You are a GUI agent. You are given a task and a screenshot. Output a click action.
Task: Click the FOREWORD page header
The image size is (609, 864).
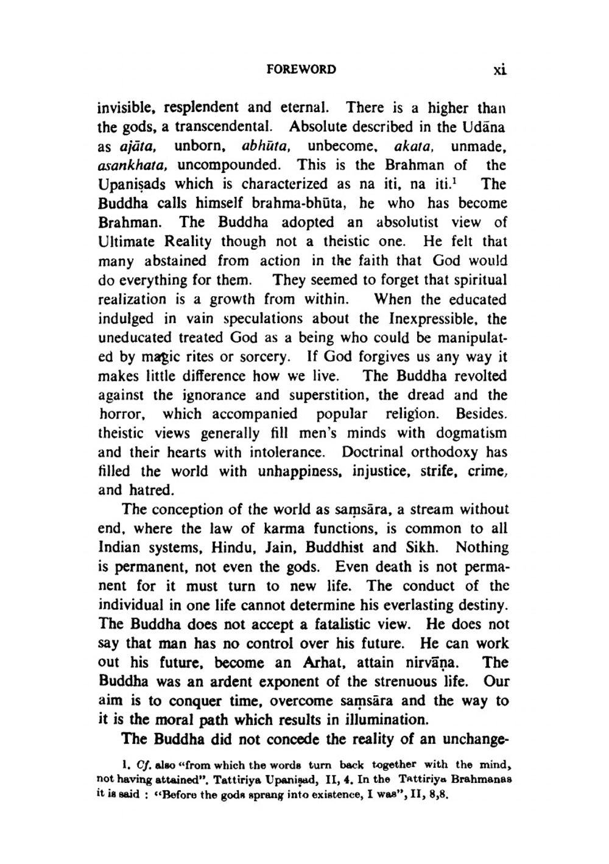click(x=301, y=69)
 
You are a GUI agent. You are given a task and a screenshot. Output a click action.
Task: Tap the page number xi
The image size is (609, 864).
click(x=500, y=69)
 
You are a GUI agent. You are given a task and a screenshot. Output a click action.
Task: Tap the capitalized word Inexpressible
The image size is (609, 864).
click(x=431, y=319)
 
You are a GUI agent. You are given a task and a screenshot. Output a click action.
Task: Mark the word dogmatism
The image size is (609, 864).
click(x=471, y=434)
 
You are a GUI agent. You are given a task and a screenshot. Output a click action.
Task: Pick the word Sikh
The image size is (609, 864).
click(x=417, y=548)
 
